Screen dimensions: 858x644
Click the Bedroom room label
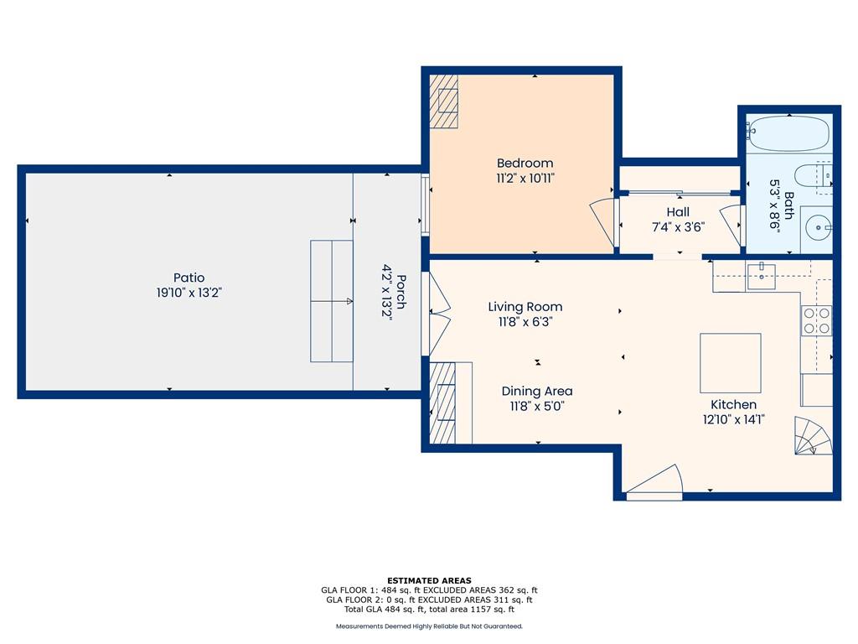pyautogui.click(x=525, y=163)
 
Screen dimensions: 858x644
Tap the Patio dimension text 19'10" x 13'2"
pyautogui.click(x=189, y=293)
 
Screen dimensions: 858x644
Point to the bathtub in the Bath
pyautogui.click(x=788, y=133)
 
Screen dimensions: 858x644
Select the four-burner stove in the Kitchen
pyautogui.click(x=816, y=320)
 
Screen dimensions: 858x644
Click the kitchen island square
pyautogui.click(x=731, y=362)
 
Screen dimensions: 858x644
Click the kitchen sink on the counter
pyautogui.click(x=761, y=276)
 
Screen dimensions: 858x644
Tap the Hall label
pyautogui.click(x=678, y=212)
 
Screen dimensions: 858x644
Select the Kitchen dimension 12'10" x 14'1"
pyautogui.click(x=733, y=419)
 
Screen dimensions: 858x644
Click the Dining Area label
pyautogui.click(x=537, y=391)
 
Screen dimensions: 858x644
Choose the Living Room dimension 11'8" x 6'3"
pyautogui.click(x=525, y=321)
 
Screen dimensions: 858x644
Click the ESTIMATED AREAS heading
pyautogui.click(x=429, y=580)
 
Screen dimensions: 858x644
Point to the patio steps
pyautogui.click(x=332, y=301)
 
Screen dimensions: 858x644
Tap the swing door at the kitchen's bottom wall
pyautogui.click(x=655, y=483)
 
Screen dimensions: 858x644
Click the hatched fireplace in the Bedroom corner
pyautogui.click(x=443, y=101)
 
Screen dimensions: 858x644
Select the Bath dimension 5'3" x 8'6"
pyautogui.click(x=782, y=205)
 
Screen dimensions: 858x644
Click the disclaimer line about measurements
pyautogui.click(x=429, y=626)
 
